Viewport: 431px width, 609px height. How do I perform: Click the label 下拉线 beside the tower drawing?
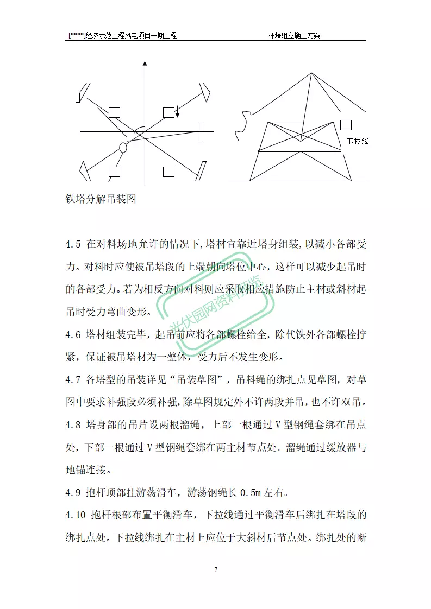coord(358,141)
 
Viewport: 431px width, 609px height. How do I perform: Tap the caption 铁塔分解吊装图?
coord(100,199)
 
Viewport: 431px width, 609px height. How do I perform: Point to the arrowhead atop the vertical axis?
coord(145,64)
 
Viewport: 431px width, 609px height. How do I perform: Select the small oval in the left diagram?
coord(123,147)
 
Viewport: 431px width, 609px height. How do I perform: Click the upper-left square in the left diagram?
coord(114,112)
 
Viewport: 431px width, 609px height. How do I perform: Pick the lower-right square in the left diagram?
coord(168,172)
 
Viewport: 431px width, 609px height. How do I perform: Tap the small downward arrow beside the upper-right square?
coord(177,112)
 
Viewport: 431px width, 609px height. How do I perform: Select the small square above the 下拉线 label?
coord(346,125)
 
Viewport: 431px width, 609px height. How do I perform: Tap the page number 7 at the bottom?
coord(216,569)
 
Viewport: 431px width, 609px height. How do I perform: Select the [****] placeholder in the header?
coord(77,35)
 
